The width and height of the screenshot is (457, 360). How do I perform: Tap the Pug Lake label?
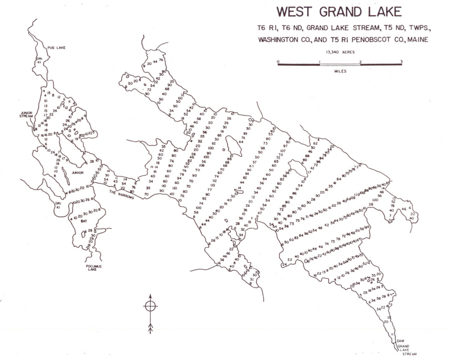(x=57, y=48)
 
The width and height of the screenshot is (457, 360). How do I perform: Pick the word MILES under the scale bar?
(x=339, y=71)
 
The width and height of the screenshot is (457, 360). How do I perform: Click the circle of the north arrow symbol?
(x=150, y=305)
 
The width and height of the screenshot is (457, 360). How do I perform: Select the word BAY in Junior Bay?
(x=84, y=221)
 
